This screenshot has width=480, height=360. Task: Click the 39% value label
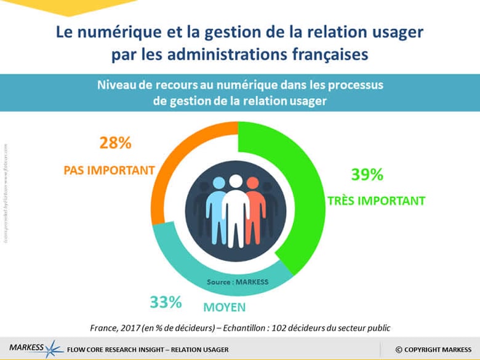pos(367,175)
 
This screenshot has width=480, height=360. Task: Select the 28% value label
pos(116,143)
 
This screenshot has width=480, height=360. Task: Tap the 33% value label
pos(166,303)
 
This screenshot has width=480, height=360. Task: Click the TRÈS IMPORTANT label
pos(375,200)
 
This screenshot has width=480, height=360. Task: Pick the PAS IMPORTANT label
pos(108,169)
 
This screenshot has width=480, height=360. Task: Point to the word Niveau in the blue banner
pos(115,86)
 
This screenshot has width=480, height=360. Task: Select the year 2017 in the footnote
pos(134,327)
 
